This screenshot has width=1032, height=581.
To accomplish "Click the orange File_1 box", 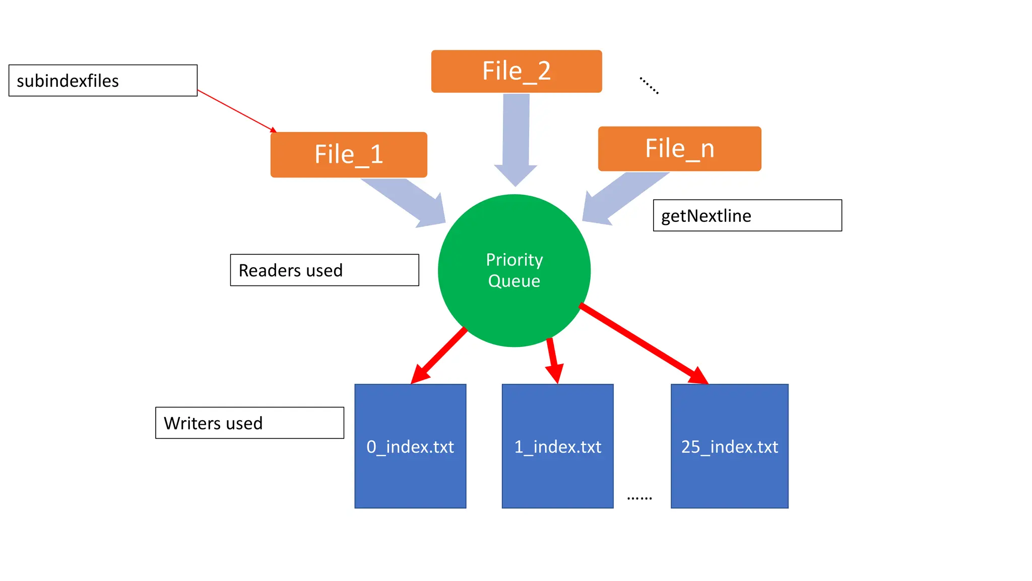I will point(349,154).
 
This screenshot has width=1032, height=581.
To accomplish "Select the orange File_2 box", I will point(516,71).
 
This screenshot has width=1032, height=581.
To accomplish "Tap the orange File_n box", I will point(679,149).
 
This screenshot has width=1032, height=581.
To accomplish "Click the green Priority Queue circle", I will point(514,270).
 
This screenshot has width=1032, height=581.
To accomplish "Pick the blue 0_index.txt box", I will point(410,446).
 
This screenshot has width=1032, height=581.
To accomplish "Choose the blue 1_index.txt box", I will point(557,446).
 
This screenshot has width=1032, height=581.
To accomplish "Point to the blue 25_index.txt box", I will point(729,446).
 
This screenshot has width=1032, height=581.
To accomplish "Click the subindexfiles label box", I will point(103,81).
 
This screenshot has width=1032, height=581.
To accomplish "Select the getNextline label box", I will point(747,215).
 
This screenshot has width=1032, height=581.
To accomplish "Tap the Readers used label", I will point(324,270).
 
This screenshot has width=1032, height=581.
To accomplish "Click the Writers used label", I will point(249,423).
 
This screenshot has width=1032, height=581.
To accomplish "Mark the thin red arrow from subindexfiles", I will point(236,111).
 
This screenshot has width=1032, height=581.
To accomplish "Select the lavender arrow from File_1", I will point(408,202).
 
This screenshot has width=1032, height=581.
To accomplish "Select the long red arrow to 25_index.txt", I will point(642,343).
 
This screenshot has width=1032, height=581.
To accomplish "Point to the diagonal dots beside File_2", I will point(649,86).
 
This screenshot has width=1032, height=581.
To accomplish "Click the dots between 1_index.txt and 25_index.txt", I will point(639,498).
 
